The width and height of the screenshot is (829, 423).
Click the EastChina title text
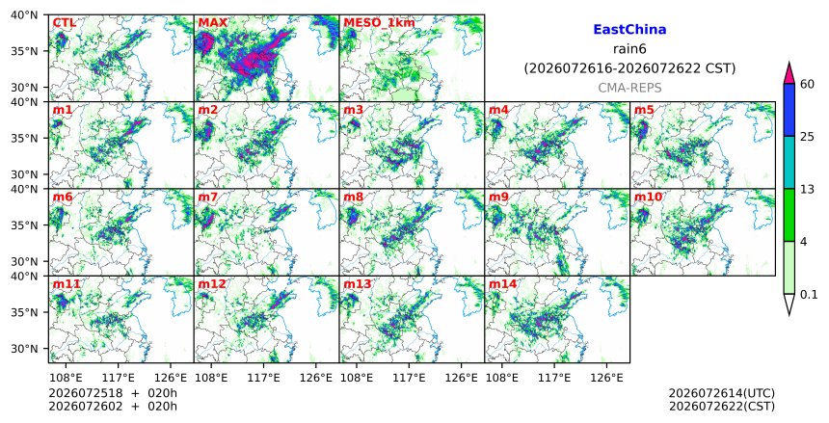(629, 30)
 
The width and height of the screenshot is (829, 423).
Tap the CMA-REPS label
(629, 88)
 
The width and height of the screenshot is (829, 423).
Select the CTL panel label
(65, 23)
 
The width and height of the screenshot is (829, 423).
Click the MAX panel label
(212, 23)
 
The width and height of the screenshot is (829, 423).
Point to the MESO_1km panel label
(379, 23)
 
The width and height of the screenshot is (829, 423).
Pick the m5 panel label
(644, 110)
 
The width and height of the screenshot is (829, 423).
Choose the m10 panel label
(648, 198)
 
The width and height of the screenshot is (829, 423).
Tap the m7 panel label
(208, 198)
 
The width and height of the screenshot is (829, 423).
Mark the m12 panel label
(211, 284)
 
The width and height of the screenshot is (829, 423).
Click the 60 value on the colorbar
(807, 84)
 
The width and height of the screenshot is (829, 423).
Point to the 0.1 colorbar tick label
(809, 295)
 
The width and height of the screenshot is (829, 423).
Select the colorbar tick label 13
(807, 189)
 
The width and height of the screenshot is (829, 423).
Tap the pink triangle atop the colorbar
(789, 74)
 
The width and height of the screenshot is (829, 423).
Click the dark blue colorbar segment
(789, 110)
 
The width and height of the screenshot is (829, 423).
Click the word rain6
(629, 49)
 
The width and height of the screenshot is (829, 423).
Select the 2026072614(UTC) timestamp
(722, 393)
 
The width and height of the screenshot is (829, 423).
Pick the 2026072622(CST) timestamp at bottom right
(722, 406)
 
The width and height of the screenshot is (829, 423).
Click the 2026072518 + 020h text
(113, 393)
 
